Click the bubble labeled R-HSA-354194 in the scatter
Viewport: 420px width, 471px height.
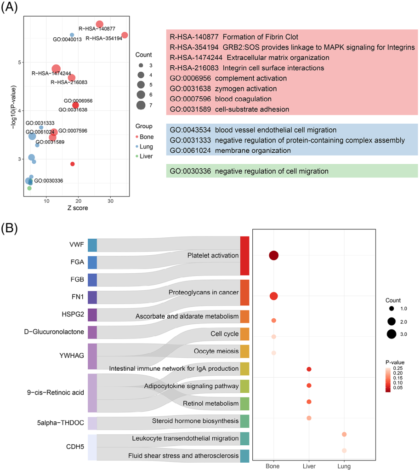tap(125, 35)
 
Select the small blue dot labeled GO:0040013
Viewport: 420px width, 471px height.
tap(72, 35)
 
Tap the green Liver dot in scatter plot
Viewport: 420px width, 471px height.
tap(29, 188)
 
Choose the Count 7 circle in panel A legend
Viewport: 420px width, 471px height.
tap(141, 104)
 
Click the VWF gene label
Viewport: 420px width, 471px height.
tap(76, 245)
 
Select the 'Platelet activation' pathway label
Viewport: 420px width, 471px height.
tap(213, 256)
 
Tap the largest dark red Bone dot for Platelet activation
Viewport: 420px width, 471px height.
tap(274, 256)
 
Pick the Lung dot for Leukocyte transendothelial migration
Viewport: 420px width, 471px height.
tap(344, 434)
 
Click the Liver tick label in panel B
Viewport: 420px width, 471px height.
tap(309, 466)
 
